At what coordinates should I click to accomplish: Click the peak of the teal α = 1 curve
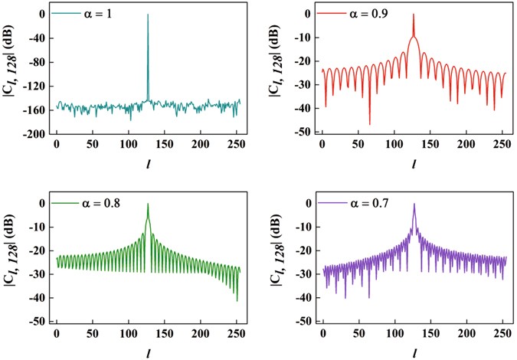pyautogui.click(x=148, y=15)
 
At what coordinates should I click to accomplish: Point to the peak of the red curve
pyautogui.click(x=413, y=14)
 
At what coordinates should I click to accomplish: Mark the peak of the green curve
pyautogui.click(x=148, y=204)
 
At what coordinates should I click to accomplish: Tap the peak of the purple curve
pyautogui.click(x=414, y=204)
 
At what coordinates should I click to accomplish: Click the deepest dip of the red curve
pyautogui.click(x=369, y=124)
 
